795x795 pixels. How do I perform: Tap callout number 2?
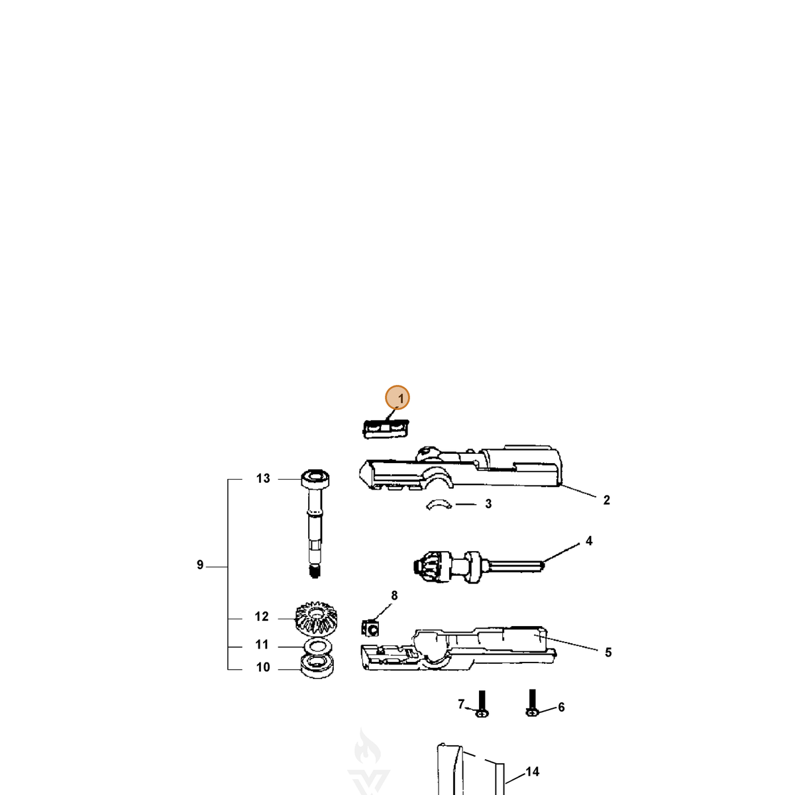click(x=606, y=500)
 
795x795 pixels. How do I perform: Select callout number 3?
click(x=488, y=503)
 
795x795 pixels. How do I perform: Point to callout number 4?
click(x=589, y=541)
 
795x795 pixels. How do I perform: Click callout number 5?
click(x=608, y=653)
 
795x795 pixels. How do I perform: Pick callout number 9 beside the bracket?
click(x=199, y=565)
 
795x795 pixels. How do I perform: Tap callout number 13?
click(x=263, y=478)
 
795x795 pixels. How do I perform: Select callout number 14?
click(x=532, y=772)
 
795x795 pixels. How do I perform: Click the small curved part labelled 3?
click(x=439, y=504)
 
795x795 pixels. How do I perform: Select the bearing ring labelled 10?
click(x=317, y=666)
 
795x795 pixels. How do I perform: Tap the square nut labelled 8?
click(x=370, y=628)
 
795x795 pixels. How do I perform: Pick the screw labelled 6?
click(x=532, y=703)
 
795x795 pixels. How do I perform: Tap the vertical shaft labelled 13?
click(x=315, y=524)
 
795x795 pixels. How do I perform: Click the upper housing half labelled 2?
click(x=460, y=468)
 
